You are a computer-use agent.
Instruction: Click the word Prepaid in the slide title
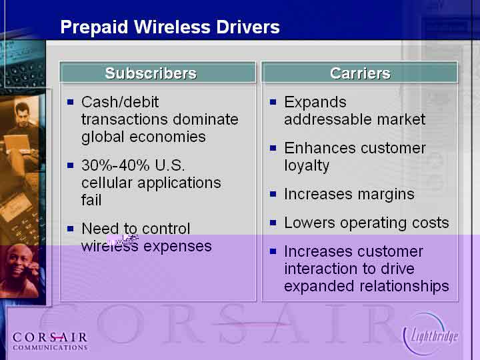94,27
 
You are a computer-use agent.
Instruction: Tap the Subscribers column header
151,73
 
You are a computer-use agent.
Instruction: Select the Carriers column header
360,73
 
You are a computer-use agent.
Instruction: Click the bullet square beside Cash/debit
71,101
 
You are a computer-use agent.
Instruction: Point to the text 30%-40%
115,165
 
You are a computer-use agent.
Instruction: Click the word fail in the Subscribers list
91,200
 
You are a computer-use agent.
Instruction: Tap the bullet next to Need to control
71,229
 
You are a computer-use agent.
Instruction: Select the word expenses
177,247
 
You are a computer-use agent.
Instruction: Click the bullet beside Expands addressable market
273,101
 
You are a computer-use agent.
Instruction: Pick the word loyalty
307,166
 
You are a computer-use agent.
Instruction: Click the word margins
386,195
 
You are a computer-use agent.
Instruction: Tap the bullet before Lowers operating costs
273,223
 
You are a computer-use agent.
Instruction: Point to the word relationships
404,286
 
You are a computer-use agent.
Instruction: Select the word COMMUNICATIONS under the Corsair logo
50,347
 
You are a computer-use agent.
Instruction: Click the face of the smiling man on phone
19,262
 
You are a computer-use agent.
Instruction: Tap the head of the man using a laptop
22,113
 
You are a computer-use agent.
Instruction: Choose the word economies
167,137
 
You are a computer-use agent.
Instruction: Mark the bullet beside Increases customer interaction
273,251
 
